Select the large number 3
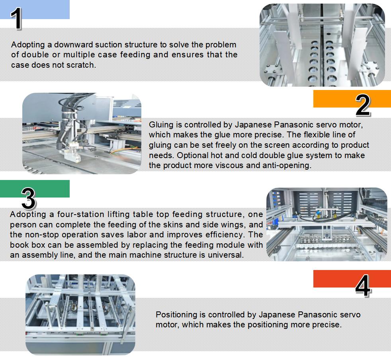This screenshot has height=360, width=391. point(28,198)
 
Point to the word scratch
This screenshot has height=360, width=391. point(82,65)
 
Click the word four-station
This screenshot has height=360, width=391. point(69,215)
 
